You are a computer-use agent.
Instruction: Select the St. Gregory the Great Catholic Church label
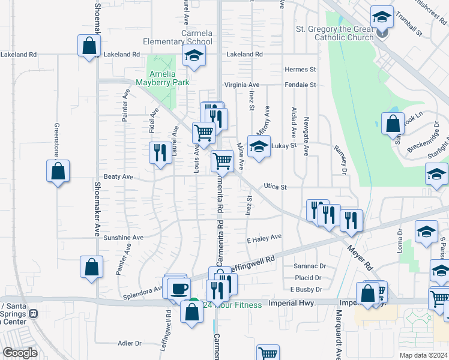point(335,33)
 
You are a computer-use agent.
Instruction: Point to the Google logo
point(20,353)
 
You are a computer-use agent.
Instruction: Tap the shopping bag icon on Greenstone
point(58,172)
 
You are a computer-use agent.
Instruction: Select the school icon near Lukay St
point(258,147)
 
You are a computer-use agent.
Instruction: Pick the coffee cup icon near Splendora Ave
point(178,289)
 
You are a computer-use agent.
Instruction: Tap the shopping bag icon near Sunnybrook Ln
point(393,124)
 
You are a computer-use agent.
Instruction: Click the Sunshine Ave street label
point(123,238)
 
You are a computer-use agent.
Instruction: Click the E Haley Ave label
point(264,238)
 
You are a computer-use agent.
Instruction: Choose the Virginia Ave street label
point(241,85)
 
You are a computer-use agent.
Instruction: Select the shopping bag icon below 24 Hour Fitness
point(191,313)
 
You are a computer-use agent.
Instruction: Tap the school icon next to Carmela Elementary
point(193,57)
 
